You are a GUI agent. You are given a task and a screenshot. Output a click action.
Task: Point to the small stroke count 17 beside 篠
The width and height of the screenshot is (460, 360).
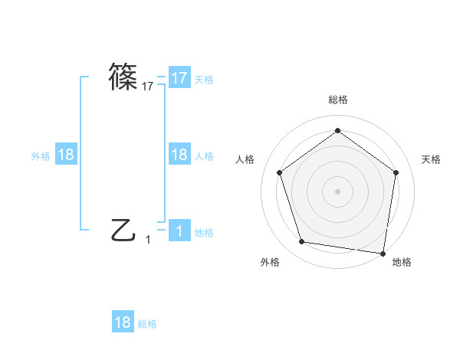[148, 87]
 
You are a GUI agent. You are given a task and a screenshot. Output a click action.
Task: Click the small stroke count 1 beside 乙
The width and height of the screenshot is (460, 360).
[148, 240]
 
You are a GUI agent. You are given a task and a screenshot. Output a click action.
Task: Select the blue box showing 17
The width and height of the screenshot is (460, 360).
[179, 78]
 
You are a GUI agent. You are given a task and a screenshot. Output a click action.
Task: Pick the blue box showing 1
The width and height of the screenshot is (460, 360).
[179, 231]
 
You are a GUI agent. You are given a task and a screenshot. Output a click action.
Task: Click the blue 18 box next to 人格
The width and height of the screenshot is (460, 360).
[179, 155]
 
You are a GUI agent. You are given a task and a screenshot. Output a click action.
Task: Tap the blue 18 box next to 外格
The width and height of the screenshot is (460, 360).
[66, 155]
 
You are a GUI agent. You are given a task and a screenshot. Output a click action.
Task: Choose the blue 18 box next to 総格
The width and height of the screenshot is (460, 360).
[123, 322]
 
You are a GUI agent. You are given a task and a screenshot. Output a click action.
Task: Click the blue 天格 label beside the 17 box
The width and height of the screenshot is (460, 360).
[204, 79]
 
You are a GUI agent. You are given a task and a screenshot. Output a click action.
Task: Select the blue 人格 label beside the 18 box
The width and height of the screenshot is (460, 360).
[204, 155]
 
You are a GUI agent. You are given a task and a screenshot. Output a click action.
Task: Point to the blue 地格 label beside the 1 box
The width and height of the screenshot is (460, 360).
[204, 232]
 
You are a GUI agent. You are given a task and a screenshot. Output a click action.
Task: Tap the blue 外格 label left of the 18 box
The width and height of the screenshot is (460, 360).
[41, 155]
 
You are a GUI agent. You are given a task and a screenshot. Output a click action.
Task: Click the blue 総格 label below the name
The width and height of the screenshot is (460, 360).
[147, 324]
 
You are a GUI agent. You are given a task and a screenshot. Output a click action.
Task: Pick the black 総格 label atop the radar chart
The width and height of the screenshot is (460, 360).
[337, 100]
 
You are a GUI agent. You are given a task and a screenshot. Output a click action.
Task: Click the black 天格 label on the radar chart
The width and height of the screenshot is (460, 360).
[432, 159]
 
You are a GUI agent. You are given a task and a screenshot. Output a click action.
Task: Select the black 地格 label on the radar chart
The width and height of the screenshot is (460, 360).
[402, 263]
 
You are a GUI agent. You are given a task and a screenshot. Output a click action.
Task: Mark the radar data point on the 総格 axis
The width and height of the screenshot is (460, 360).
[337, 132]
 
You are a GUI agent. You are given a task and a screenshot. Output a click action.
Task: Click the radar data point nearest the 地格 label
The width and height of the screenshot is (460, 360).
[383, 253]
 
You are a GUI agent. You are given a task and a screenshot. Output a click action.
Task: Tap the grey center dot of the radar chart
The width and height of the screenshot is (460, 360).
[337, 191]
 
